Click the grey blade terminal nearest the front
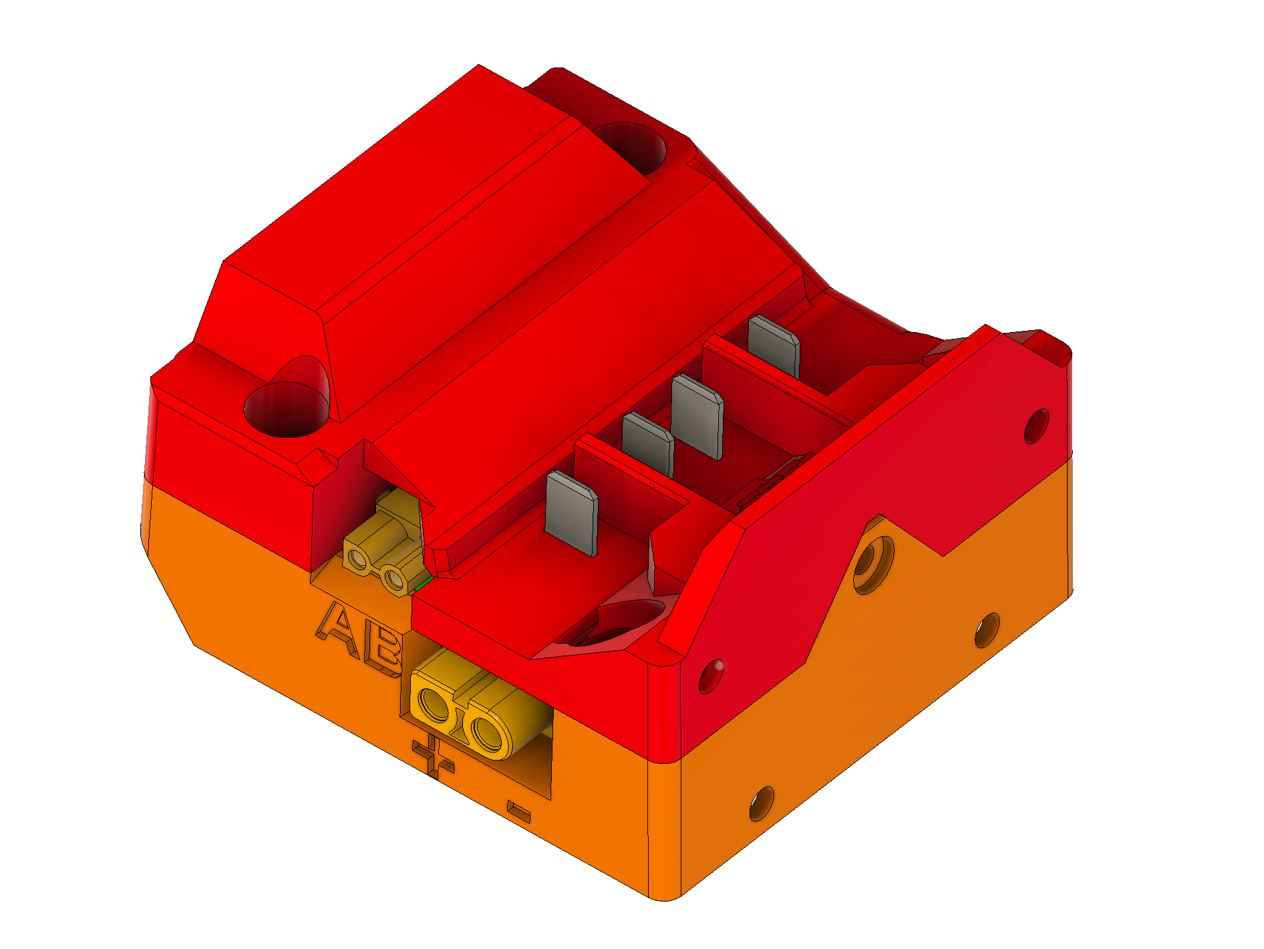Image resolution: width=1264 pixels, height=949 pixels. click(572, 513)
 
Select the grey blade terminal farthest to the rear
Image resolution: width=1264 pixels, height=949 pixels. click(774, 347)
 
